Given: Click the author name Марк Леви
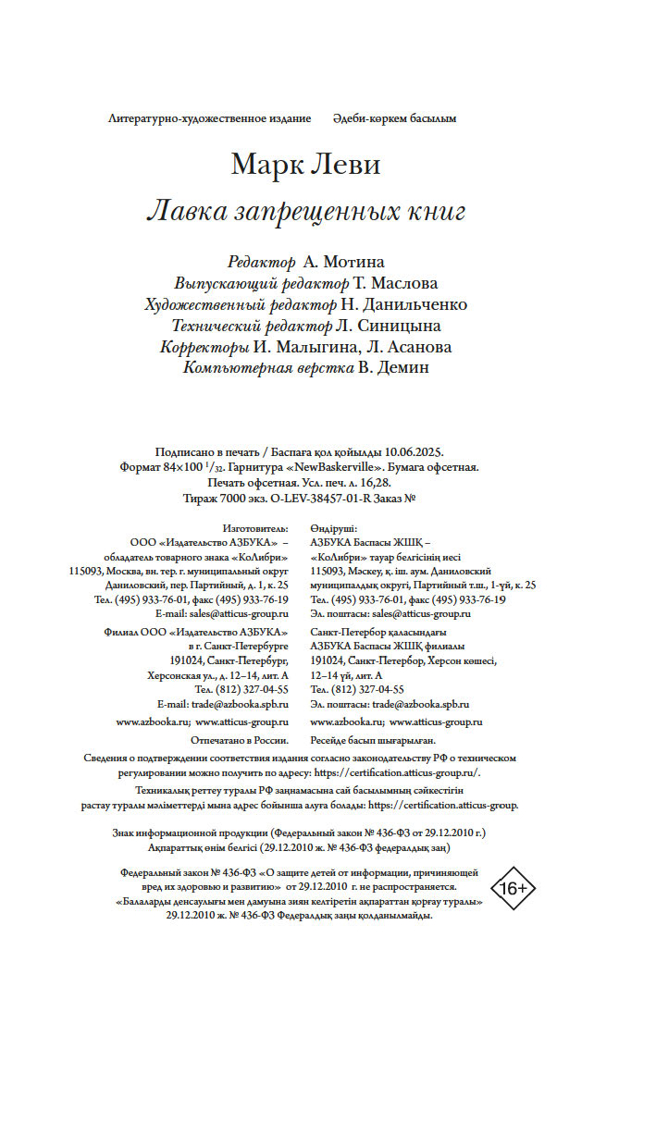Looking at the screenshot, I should (305, 166).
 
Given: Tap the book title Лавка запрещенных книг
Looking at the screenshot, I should (305, 212).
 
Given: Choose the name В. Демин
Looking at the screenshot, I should (396, 368).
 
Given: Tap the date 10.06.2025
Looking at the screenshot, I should (413, 452).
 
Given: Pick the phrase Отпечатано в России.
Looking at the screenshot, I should (239, 740).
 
